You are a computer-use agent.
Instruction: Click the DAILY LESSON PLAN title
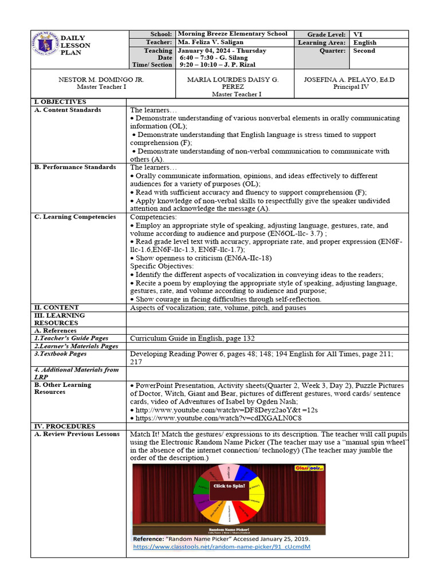pos(76,45)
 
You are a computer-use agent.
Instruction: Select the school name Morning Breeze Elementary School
pos(233,34)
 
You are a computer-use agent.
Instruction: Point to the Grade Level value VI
pos(358,34)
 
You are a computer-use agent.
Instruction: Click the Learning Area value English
pos(365,42)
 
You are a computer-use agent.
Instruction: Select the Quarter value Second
pos(364,51)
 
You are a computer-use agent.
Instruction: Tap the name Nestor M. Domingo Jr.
pos(101,80)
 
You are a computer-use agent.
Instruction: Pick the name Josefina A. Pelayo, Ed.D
pos(348,80)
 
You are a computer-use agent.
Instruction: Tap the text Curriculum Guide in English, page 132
pos(192,339)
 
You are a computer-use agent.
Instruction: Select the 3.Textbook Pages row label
pos(61,354)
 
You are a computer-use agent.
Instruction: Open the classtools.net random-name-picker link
pos(221,547)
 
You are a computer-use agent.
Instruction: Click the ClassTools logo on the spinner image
pos(309,468)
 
